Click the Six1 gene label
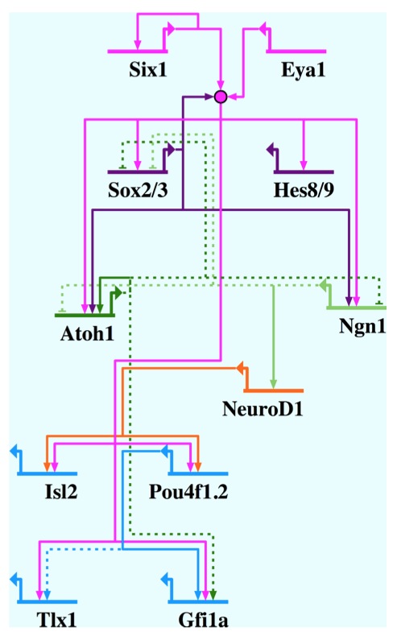click(148, 69)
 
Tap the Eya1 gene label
click(303, 70)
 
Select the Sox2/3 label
click(138, 190)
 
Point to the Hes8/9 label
click(304, 190)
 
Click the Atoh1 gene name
click(87, 333)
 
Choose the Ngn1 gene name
click(362, 326)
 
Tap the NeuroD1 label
click(263, 409)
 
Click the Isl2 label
click(61, 491)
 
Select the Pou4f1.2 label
click(188, 492)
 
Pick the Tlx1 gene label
click(57, 620)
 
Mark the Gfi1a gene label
click(203, 620)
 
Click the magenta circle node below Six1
click(221, 97)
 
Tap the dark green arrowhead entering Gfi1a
click(213, 595)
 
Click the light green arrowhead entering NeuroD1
click(273, 384)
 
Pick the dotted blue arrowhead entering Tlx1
click(47, 595)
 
